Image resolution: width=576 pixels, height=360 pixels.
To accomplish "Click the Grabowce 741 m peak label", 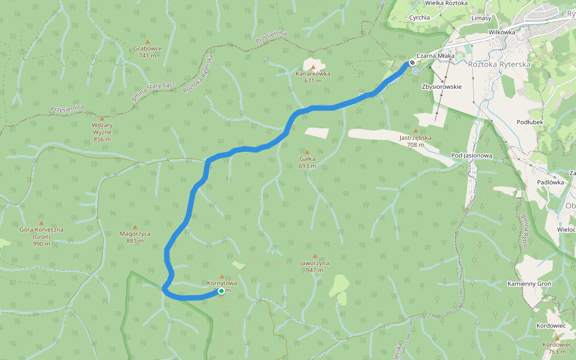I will click(x=147, y=52).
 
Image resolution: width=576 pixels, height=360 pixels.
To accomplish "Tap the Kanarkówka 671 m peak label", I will click(x=313, y=77).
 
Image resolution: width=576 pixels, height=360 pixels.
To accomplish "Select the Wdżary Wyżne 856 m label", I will click(x=102, y=132).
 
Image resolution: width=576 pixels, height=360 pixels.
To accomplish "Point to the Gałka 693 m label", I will click(x=307, y=162).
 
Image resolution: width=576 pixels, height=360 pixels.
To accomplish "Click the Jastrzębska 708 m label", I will click(x=415, y=141).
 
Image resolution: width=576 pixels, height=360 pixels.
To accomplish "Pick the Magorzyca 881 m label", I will click(x=135, y=237).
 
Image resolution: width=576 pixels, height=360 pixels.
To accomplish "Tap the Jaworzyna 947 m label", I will click(x=314, y=266).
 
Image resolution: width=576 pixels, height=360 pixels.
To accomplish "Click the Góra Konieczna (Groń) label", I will click(x=41, y=233).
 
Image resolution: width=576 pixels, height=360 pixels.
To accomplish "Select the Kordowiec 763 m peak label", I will click(x=556, y=348).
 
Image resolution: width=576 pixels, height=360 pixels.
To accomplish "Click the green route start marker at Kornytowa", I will click(x=221, y=291).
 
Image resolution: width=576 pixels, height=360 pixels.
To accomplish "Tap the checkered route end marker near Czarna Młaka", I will click(x=412, y=62).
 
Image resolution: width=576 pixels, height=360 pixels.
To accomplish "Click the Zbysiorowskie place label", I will click(x=442, y=86).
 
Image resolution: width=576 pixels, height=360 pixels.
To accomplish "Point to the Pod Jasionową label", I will click(x=472, y=155).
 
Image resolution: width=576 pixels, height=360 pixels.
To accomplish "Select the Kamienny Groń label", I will click(x=529, y=283).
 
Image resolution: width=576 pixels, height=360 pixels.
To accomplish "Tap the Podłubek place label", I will click(x=530, y=122).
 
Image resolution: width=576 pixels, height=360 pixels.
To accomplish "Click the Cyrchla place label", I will click(x=419, y=17).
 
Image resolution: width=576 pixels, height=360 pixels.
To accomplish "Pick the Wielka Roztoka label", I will click(x=446, y=3).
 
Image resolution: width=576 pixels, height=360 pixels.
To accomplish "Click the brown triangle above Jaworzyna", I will click(x=314, y=256).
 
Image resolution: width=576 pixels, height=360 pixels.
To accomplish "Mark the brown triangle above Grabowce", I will click(x=147, y=41).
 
